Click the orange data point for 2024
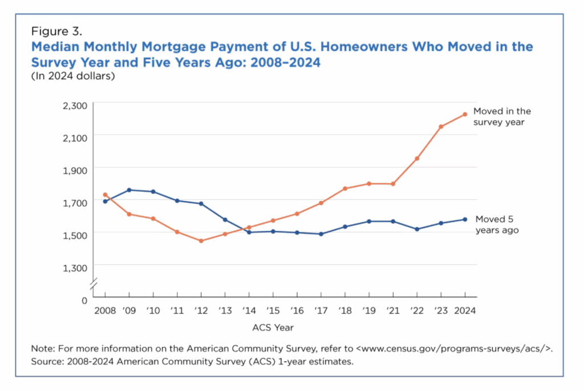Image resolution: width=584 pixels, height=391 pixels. tap(465, 114)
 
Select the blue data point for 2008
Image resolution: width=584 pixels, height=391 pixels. tap(105, 201)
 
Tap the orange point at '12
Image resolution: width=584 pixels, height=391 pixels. tap(201, 241)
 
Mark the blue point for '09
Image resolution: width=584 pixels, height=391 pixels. tap(129, 190)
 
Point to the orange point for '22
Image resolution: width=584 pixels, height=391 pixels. tap(417, 158)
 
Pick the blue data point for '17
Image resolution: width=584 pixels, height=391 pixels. tap(321, 234)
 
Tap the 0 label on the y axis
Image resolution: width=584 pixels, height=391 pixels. tap(84, 299)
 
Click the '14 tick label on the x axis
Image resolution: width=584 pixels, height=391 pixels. tap(249, 311)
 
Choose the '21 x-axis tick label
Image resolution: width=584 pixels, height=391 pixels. tap(393, 311)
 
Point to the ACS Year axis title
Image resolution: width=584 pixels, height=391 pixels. tap(273, 328)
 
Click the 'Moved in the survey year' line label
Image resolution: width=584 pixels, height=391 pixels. tap(502, 116)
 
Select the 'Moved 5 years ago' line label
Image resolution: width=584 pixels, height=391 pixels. tap(497, 225)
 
